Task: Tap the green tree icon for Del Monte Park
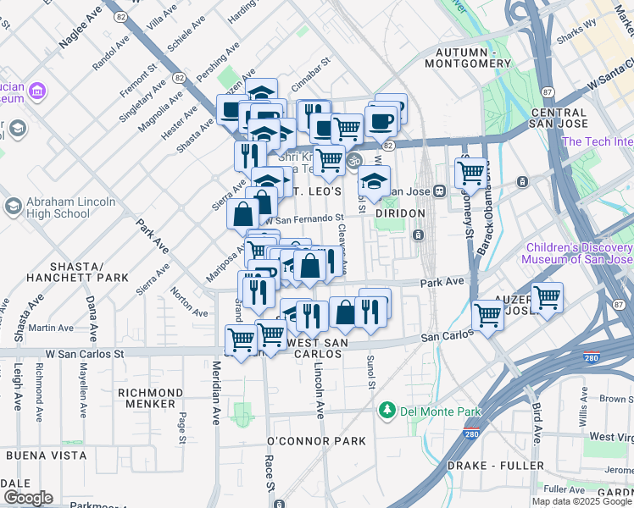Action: (387, 411)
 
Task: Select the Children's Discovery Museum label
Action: (578, 253)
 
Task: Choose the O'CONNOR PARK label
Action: (316, 441)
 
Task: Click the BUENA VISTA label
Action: (46, 456)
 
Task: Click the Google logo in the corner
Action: (28, 497)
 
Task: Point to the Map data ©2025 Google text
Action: (581, 501)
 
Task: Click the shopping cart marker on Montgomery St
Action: (470, 173)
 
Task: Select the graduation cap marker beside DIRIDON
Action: (374, 179)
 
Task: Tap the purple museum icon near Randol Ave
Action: (36, 90)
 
